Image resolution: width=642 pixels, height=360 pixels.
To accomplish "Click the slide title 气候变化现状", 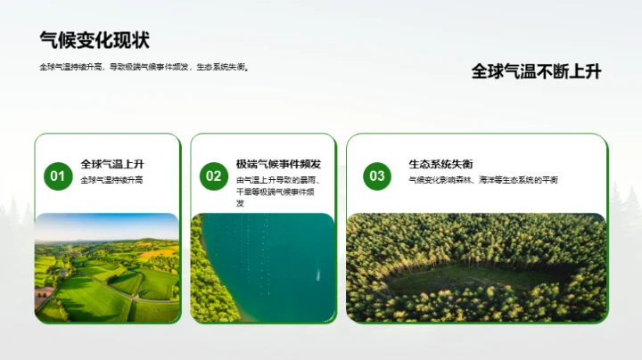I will tap(95, 40).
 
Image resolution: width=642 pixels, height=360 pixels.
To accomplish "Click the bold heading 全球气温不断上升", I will tap(536, 72).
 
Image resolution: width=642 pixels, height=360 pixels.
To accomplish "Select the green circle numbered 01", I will tap(57, 176).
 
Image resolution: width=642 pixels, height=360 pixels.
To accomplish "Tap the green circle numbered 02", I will tap(213, 176).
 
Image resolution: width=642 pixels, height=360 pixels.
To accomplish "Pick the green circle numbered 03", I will tap(377, 176).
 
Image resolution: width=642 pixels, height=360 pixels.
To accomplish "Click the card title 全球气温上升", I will tap(112, 164).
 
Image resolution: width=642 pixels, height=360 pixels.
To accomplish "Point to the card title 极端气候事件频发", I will tap(278, 164).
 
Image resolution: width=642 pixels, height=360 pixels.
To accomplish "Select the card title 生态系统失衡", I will tap(440, 164).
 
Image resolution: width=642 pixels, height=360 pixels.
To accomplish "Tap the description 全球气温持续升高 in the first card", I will tap(111, 180).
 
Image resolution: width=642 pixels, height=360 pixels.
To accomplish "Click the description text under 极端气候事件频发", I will tap(278, 192).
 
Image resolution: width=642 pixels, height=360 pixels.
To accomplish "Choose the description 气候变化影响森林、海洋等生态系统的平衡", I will tap(483, 180).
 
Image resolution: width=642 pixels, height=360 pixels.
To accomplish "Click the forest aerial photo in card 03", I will tap(476, 267).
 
